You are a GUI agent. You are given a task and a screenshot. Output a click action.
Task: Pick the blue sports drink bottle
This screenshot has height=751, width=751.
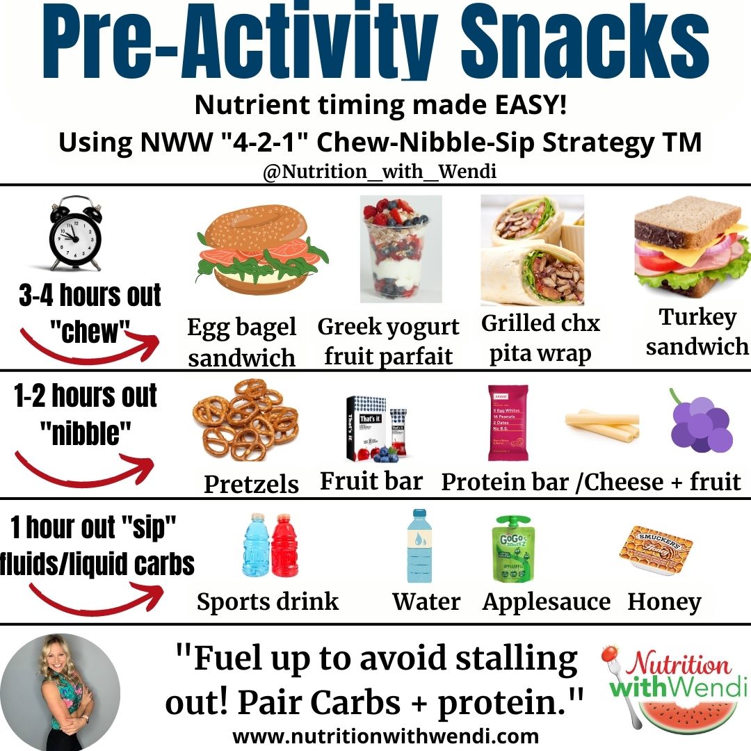pos(255,547)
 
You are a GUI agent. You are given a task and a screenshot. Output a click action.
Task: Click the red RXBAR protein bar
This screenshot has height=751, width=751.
pos(507,422)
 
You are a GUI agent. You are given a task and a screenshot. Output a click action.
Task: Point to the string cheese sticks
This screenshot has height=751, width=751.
pos(601,425)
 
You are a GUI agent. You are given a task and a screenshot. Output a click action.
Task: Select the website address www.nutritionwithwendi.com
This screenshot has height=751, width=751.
pos(385,735)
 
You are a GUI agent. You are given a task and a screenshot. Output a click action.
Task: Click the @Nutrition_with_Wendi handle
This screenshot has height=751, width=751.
pos(380,171)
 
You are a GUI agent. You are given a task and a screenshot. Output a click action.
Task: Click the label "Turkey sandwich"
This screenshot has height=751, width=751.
pos(697,332)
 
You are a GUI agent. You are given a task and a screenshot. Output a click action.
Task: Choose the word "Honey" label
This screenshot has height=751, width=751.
pos(664,602)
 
